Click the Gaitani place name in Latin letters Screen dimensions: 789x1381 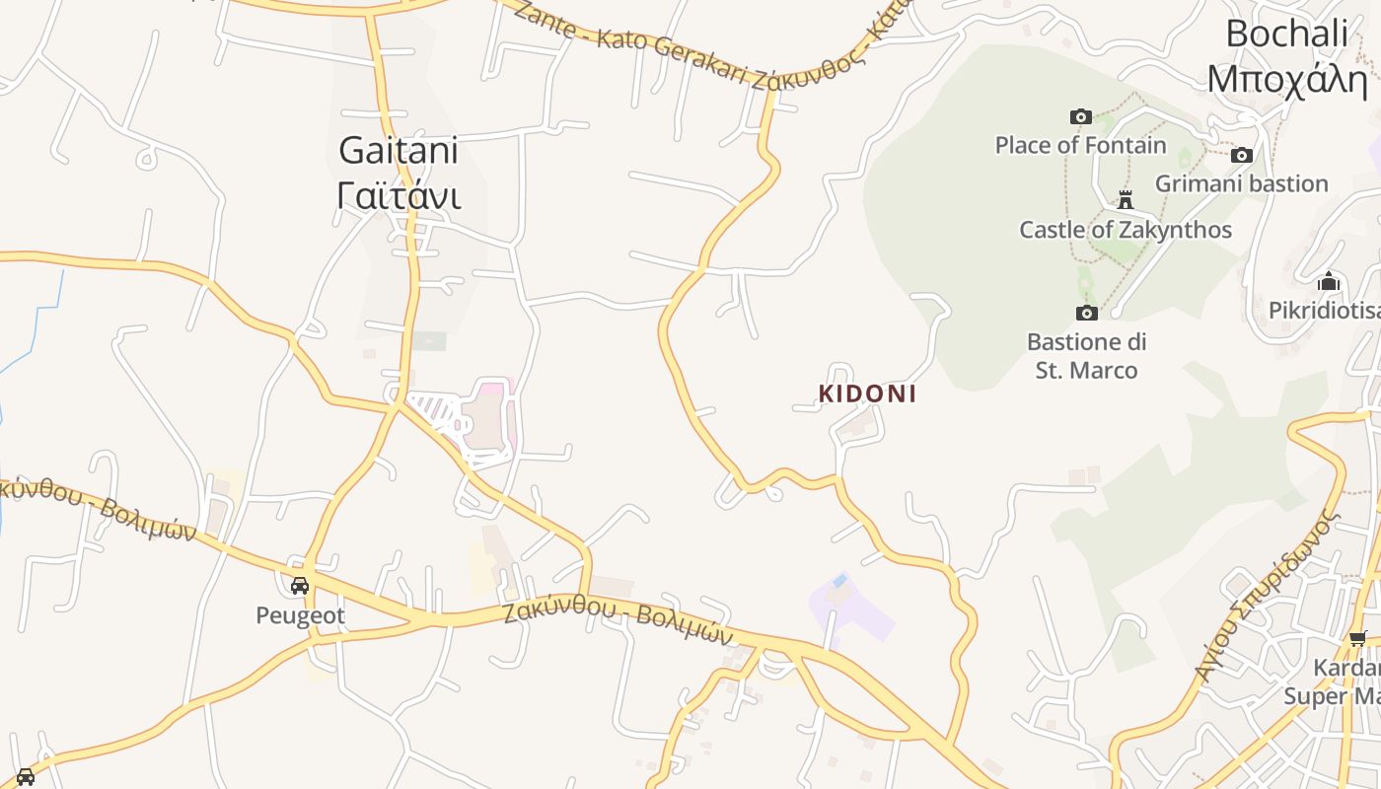399,151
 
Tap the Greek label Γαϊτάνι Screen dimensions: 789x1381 399,195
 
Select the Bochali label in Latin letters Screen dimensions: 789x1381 1286,34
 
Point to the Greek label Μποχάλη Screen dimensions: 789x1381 1286,78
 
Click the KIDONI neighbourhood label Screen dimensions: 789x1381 867,394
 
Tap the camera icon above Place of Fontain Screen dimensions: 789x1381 1081,116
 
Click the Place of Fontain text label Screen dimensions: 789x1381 1080,145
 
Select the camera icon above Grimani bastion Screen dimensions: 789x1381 1242,155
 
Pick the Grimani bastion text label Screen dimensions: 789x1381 1241,183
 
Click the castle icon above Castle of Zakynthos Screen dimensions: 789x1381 1125,200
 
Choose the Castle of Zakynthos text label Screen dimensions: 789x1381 1125,230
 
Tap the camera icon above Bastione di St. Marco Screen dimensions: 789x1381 1086,313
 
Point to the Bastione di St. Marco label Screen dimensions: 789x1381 1086,356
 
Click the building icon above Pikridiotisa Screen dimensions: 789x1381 1329,282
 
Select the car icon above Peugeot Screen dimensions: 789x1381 300,586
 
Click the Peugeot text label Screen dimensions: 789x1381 300,615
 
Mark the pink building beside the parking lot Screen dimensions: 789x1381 490,414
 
